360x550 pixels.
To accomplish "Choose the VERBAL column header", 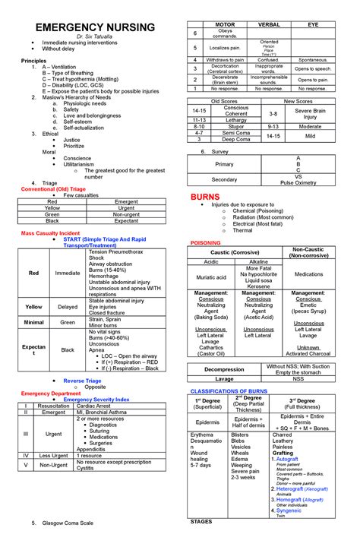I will coord(269,24).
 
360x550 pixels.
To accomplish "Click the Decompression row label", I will coord(225,369).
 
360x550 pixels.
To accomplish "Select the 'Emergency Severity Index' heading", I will coord(96,399).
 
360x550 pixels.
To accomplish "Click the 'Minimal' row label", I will coord(34,322).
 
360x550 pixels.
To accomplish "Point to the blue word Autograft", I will coord(287,459).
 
